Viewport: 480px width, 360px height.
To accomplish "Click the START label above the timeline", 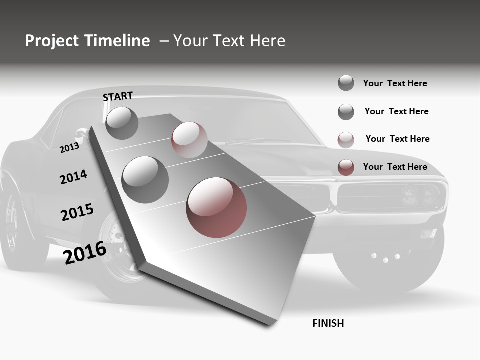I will (x=118, y=96).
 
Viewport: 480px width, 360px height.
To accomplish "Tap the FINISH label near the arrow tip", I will (x=328, y=323).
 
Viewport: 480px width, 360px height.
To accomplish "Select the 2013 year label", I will (x=69, y=148).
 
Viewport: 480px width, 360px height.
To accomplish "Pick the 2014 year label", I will (x=73, y=177).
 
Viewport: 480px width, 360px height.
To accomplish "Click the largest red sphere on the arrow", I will (x=216, y=207).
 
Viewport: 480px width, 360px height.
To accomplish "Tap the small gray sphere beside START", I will (x=122, y=123).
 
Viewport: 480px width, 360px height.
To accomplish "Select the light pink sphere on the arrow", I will (x=189, y=140).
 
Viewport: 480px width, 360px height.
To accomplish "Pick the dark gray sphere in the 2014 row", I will (x=145, y=179).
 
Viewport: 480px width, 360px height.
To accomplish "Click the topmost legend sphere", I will (x=346, y=83).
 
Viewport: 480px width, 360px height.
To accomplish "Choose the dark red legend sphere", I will (x=346, y=167).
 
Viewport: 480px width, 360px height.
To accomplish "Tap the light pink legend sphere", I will (x=346, y=140).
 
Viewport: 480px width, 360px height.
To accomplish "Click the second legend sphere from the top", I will (x=346, y=112).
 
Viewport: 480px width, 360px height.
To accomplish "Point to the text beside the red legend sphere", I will (x=395, y=167).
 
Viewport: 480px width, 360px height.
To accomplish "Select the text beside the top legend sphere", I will (x=395, y=83).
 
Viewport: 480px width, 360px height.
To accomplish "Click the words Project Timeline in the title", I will (x=87, y=41).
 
